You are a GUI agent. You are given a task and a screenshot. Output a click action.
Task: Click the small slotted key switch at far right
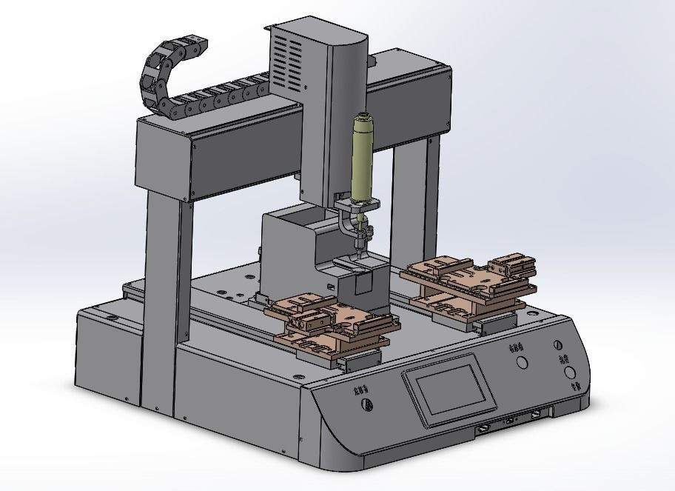point(558,346)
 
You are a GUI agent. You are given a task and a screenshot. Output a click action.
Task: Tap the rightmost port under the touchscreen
point(537,416)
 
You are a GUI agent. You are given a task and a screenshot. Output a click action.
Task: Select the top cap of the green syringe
point(363,116)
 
